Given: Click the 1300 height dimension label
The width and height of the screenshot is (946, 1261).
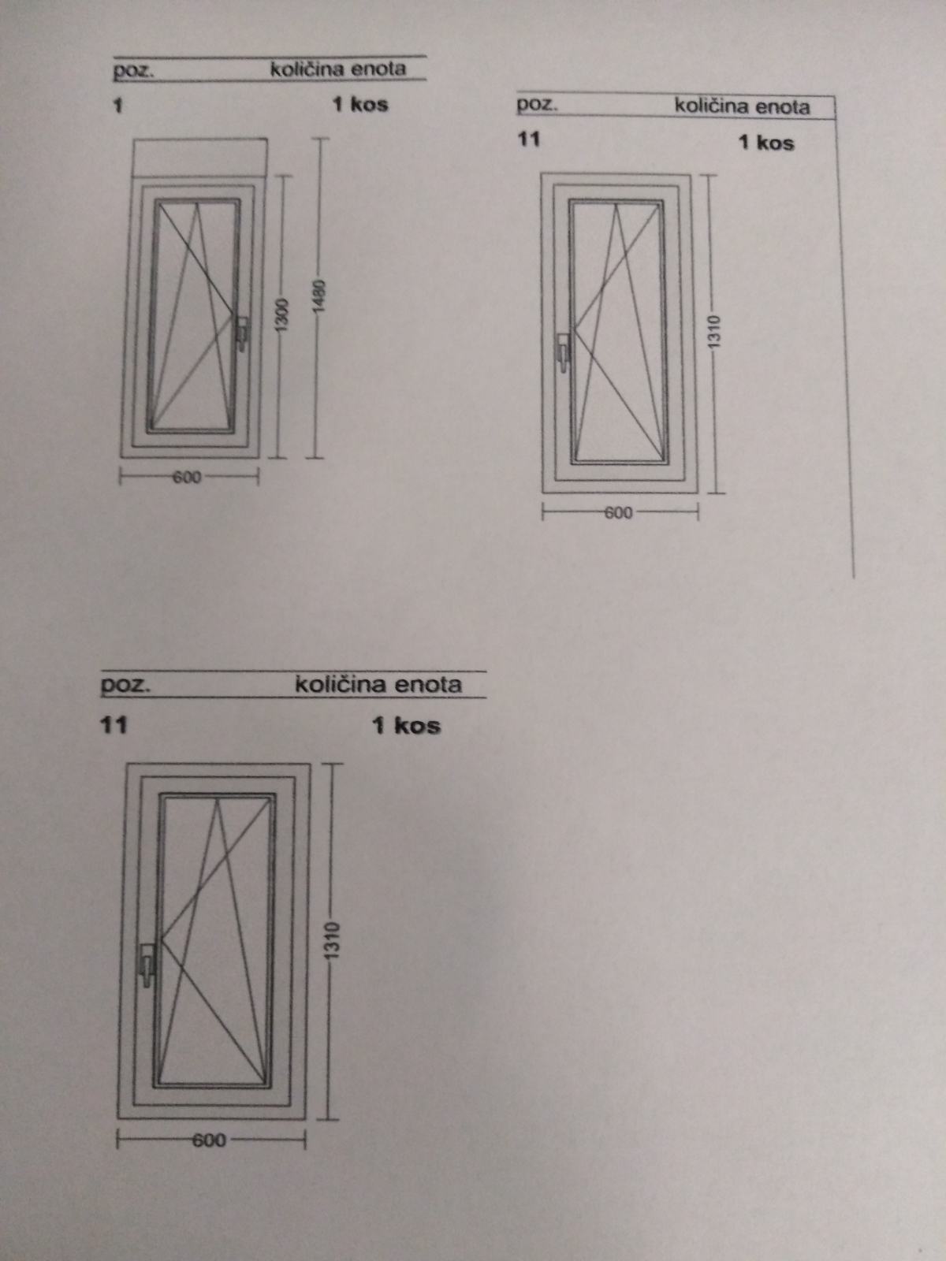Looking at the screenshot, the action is click(281, 314).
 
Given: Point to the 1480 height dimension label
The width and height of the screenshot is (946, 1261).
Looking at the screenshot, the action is click(320, 296).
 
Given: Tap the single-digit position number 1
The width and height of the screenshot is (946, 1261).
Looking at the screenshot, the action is click(117, 106).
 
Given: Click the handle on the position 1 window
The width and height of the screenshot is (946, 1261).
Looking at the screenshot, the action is click(243, 333).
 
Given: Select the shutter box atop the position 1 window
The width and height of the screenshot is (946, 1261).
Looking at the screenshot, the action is click(200, 158).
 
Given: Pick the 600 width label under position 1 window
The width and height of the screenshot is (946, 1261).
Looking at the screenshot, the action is click(188, 477).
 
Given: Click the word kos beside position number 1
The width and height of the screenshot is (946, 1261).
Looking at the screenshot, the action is click(369, 105).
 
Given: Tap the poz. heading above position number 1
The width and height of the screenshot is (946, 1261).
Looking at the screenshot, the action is click(133, 71).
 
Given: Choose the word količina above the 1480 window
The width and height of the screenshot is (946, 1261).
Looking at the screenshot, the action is click(307, 69).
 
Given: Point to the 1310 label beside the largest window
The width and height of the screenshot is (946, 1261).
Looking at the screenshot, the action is click(333, 940).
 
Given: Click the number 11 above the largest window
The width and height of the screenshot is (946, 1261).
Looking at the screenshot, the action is click(114, 725).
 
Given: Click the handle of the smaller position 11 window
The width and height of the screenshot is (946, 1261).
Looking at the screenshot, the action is click(564, 353).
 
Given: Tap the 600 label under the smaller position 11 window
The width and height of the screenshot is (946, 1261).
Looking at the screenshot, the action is click(618, 512).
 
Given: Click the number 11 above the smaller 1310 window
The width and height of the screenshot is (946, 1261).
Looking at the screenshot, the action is click(529, 139).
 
